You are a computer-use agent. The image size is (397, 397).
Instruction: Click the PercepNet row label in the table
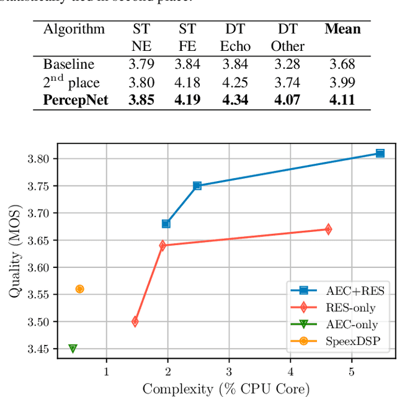(x=75, y=99)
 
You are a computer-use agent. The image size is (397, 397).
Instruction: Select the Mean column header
(x=342, y=29)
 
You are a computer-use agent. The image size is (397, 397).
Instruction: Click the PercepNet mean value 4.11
(x=342, y=99)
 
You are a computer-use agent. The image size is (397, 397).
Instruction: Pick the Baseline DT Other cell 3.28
(x=287, y=64)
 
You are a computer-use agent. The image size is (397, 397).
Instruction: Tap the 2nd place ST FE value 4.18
(x=187, y=82)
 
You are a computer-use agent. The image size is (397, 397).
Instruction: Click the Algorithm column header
(x=74, y=29)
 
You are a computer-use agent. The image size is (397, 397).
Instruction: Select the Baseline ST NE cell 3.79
(x=141, y=64)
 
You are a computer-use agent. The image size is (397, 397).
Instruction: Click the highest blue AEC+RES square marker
(x=380, y=153)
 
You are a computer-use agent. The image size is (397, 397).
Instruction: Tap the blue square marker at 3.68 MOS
(x=166, y=223)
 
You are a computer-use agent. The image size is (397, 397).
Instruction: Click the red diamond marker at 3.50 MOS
(x=135, y=321)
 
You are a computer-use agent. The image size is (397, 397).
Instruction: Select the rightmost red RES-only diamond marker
(x=328, y=230)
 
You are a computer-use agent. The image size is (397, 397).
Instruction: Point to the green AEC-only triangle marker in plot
(x=73, y=349)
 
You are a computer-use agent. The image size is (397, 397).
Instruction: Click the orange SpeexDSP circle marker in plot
(x=79, y=289)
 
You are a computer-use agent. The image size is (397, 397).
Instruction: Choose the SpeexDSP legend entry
(x=339, y=341)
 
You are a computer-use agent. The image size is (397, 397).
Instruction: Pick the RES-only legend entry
(x=339, y=306)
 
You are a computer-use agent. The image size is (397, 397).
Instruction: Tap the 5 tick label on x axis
(x=351, y=372)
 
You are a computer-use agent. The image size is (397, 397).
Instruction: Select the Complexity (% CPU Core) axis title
(x=226, y=388)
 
